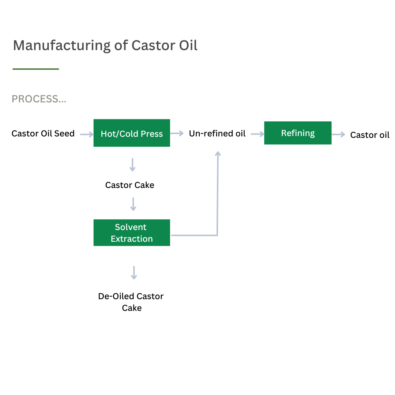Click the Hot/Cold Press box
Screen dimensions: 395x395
(132, 133)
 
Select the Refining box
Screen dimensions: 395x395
(298, 133)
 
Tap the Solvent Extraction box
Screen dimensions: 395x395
(132, 233)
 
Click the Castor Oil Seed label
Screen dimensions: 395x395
(43, 133)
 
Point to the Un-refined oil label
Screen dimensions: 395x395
(217, 133)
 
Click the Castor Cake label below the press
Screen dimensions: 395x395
(130, 185)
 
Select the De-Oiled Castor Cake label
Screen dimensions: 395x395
(131, 302)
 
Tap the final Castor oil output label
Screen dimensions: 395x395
(370, 135)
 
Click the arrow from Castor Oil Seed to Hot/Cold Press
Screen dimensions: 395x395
(87, 135)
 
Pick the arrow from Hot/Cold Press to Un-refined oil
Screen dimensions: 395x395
(177, 133)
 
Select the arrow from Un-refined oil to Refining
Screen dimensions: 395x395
(257, 134)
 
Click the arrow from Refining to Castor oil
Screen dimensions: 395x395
(338, 135)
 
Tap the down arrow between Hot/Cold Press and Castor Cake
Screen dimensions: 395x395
(132, 165)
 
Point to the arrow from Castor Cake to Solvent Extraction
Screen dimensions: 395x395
(133, 204)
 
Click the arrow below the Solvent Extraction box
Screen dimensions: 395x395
(134, 273)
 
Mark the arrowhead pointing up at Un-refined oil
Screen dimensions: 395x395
(218, 153)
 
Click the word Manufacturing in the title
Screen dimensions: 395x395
(62, 46)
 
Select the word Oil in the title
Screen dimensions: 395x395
(188, 45)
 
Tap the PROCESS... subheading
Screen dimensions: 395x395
(39, 99)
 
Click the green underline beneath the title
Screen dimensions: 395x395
(36, 69)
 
